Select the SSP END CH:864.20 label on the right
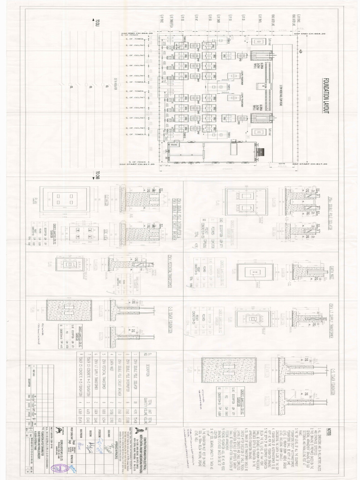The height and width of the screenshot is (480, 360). (x=310, y=34)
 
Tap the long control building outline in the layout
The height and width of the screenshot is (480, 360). (x=211, y=151)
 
